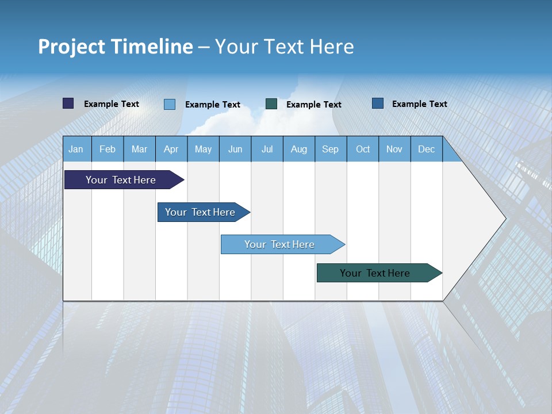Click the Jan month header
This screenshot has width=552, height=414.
click(x=76, y=149)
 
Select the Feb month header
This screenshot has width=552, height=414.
click(x=108, y=149)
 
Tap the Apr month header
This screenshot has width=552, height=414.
click(x=171, y=149)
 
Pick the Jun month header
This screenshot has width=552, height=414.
click(x=235, y=149)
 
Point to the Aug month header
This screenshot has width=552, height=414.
click(x=298, y=149)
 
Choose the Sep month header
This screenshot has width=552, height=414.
click(x=330, y=149)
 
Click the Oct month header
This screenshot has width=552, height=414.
click(x=363, y=149)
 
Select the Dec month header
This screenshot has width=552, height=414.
click(x=426, y=149)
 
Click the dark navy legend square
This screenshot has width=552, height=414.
click(x=68, y=103)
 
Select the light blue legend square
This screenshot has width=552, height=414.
click(x=170, y=104)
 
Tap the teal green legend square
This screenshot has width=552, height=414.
click(x=271, y=103)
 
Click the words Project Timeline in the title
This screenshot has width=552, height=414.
click(x=115, y=47)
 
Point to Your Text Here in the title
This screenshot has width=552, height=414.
click(x=284, y=47)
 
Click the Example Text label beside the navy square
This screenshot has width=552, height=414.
click(x=112, y=104)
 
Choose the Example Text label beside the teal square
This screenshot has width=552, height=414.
click(x=314, y=105)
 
